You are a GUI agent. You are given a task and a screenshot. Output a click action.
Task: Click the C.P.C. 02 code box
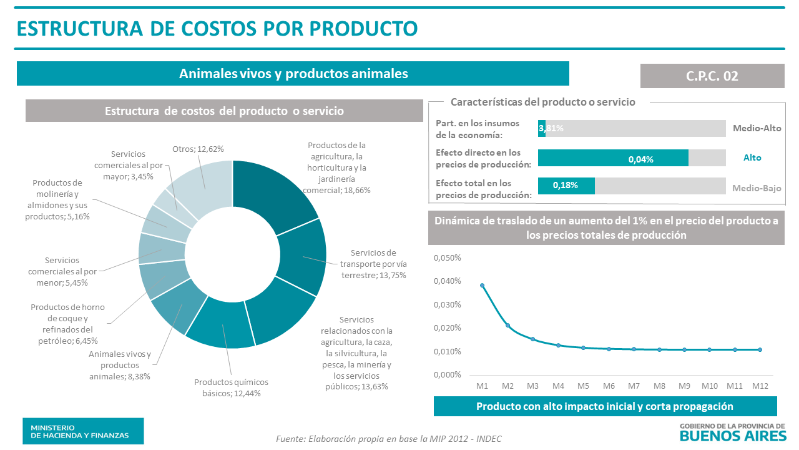click(x=712, y=76)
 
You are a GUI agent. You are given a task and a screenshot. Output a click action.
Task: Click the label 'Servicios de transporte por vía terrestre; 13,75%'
click(x=373, y=264)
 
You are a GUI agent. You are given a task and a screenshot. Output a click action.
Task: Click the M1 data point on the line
click(x=482, y=285)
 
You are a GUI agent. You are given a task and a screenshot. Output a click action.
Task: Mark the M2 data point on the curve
click(x=507, y=325)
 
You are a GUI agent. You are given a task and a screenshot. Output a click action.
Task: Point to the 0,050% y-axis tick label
click(x=447, y=258)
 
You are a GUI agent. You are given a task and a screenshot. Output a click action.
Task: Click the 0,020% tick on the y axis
click(x=447, y=328)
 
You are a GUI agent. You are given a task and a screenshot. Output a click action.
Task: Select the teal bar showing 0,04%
click(x=613, y=158)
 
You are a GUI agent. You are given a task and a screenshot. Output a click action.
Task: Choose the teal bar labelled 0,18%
click(x=566, y=186)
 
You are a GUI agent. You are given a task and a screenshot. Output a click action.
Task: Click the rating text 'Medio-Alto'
click(x=757, y=128)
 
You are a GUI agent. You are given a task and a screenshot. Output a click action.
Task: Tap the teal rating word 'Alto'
click(x=752, y=157)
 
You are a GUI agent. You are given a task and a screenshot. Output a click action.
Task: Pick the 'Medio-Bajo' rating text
click(x=757, y=187)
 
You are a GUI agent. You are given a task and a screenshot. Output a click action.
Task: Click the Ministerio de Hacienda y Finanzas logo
click(x=83, y=431)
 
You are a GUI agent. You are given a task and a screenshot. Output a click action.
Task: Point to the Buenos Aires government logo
click(x=732, y=431)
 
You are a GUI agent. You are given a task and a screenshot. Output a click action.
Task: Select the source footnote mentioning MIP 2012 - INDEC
click(x=388, y=439)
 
